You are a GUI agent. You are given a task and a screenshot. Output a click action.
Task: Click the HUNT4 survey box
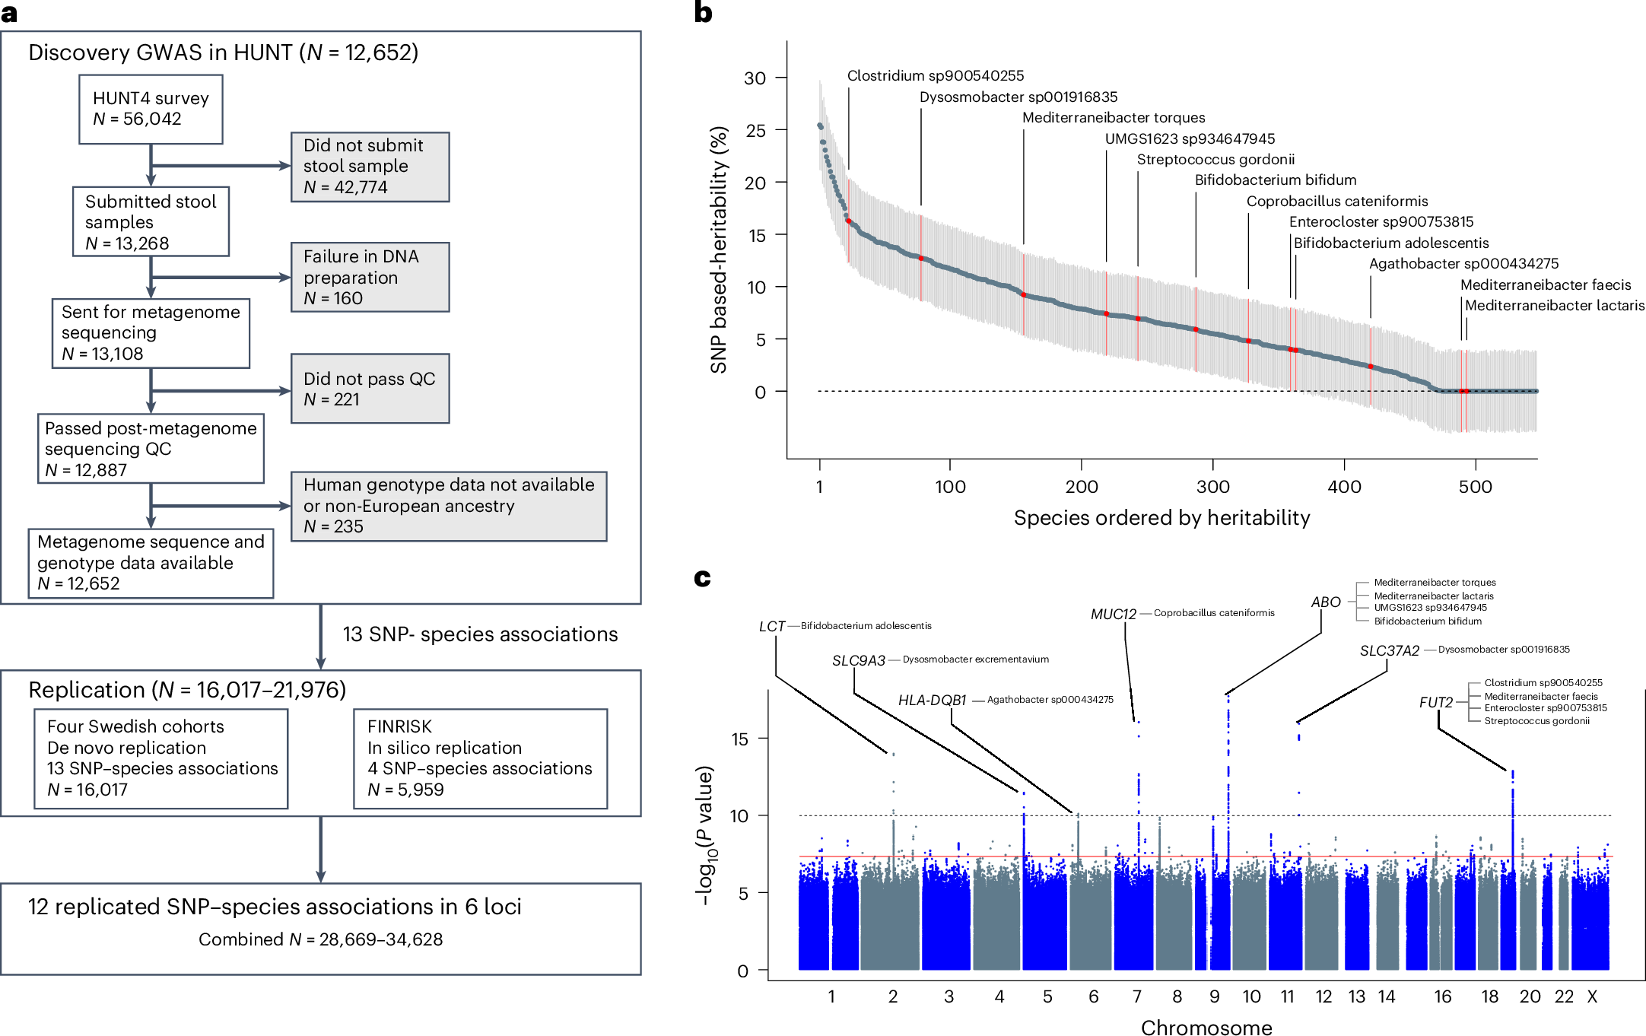[x=151, y=109]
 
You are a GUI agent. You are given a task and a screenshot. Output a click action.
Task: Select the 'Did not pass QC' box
[x=370, y=389]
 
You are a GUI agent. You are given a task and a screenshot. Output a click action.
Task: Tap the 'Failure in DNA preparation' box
[x=370, y=277]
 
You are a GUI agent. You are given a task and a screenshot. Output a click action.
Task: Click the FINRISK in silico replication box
[x=480, y=758]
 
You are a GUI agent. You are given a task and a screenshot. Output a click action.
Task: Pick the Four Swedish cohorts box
[x=161, y=758]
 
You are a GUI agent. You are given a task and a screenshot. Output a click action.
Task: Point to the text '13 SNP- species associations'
[x=480, y=634]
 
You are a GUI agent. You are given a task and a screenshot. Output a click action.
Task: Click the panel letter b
[x=703, y=13]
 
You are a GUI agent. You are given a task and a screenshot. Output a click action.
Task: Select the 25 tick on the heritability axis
[x=755, y=131]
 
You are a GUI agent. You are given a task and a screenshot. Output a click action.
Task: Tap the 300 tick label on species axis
[x=1212, y=487]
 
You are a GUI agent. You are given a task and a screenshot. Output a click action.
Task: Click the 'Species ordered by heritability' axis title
[x=1161, y=518]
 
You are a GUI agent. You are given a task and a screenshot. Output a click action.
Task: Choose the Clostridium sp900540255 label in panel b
[x=936, y=76]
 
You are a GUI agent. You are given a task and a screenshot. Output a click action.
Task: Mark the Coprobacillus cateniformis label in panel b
[x=1336, y=202]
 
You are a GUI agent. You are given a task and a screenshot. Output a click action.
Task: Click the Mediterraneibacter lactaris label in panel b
[x=1554, y=306]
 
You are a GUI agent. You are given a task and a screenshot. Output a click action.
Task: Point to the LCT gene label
[x=771, y=627]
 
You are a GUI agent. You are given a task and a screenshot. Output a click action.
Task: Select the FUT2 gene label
[x=1435, y=702]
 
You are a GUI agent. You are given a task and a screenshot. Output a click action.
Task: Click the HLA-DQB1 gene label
[x=932, y=700]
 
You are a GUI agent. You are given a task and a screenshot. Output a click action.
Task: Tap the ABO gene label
[x=1326, y=602]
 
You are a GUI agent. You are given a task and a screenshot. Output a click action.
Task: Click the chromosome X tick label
[x=1592, y=996]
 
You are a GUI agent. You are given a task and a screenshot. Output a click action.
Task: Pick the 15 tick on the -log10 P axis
[x=739, y=739]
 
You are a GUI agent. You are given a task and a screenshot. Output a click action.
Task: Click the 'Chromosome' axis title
[x=1206, y=1028]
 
